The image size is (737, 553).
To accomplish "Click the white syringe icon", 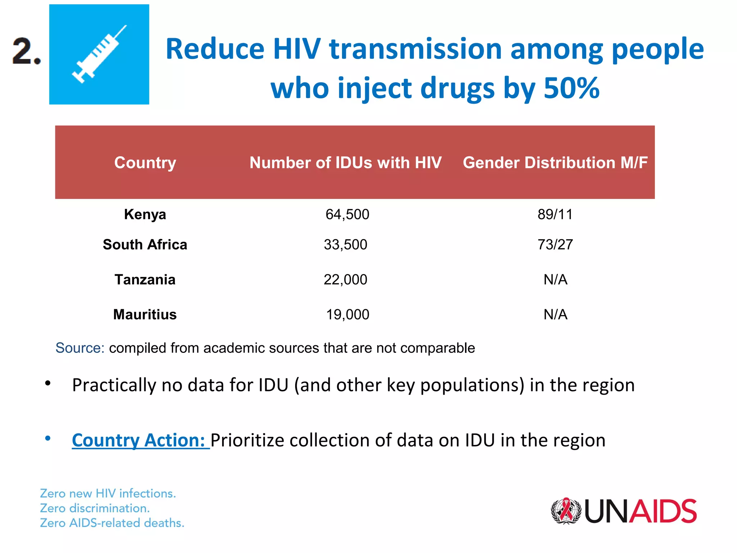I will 99,54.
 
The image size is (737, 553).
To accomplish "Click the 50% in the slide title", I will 571,88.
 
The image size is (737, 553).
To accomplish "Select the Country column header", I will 145,163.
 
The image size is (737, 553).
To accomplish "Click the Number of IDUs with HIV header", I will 345,163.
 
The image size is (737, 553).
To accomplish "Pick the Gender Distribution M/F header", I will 555,163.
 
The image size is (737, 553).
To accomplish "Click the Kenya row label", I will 145,215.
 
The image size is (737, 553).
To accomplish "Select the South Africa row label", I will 145,245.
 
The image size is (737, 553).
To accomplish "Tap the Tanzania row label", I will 145,280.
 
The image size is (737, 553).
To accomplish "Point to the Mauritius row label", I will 145,315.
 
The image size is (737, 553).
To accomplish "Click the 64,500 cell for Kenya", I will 347,215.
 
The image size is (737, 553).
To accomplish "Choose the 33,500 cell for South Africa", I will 345,245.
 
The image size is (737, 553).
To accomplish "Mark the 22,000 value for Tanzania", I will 345,280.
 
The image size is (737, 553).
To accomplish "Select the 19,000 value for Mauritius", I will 347,315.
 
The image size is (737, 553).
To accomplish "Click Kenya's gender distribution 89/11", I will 555,215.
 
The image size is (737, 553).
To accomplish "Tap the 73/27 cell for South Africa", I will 555,245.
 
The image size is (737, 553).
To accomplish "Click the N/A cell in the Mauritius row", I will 555,315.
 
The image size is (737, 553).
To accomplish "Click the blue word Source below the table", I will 80,348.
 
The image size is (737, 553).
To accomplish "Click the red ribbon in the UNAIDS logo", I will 567,509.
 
